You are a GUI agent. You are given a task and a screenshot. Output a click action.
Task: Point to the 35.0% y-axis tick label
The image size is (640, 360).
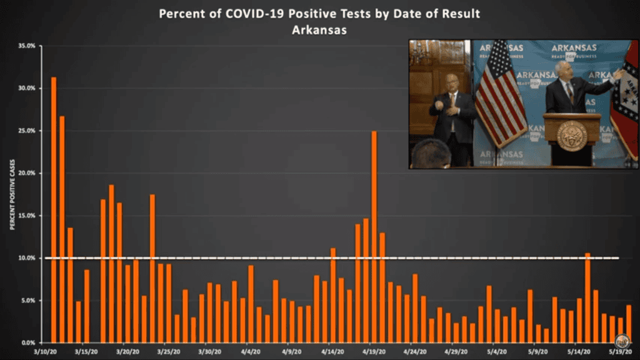(x=26, y=46)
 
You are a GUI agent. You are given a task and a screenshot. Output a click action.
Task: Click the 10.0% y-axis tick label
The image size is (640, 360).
(x=26, y=257)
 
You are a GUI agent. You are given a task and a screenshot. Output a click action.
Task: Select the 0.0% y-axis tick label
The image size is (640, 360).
(x=27, y=342)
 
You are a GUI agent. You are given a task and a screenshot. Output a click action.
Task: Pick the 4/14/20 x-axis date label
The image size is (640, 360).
(x=333, y=351)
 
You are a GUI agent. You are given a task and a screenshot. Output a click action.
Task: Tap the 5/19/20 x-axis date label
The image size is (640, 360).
(x=618, y=351)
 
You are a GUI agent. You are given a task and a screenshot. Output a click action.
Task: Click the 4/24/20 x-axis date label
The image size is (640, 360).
(x=414, y=351)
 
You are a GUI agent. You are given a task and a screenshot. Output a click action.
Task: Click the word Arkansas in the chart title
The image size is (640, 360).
(x=319, y=29)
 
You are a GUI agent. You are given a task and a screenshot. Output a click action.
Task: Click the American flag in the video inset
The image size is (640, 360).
(x=499, y=94)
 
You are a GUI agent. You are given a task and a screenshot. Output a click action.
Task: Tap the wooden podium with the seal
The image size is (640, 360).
(x=571, y=137)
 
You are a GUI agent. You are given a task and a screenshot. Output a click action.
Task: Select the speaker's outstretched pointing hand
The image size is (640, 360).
(x=617, y=74)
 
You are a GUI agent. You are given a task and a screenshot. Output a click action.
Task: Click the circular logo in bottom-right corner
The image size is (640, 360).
(x=621, y=341)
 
